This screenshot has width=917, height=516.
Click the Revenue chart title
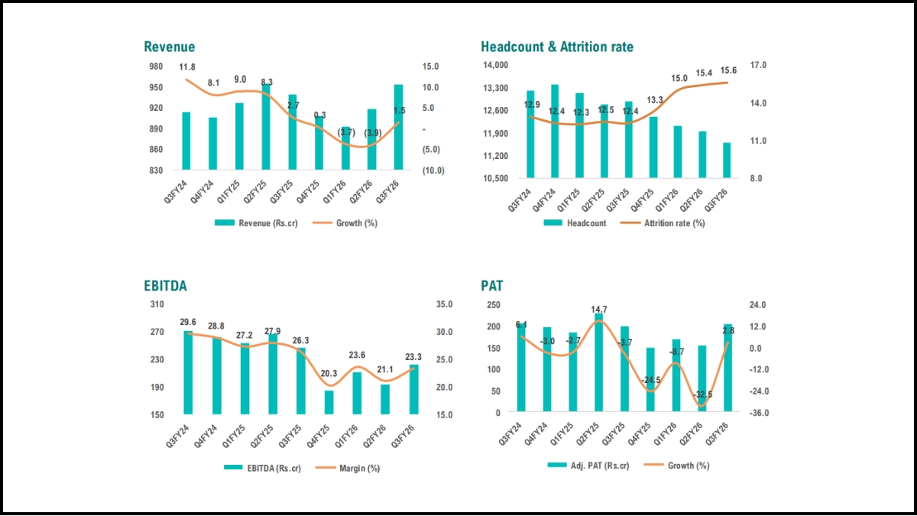[170, 47]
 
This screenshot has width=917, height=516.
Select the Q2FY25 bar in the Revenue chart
[266, 127]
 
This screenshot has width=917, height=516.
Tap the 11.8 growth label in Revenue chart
[187, 68]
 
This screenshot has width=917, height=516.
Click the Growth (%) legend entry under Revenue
[340, 223]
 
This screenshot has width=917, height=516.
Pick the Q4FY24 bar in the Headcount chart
[555, 131]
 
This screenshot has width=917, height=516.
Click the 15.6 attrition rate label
[729, 70]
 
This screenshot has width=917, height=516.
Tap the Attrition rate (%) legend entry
[664, 223]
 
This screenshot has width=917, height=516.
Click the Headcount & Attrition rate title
[557, 47]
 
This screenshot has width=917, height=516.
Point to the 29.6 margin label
[188, 323]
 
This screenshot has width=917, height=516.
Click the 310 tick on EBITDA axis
[156, 304]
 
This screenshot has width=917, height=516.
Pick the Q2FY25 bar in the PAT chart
[599, 363]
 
